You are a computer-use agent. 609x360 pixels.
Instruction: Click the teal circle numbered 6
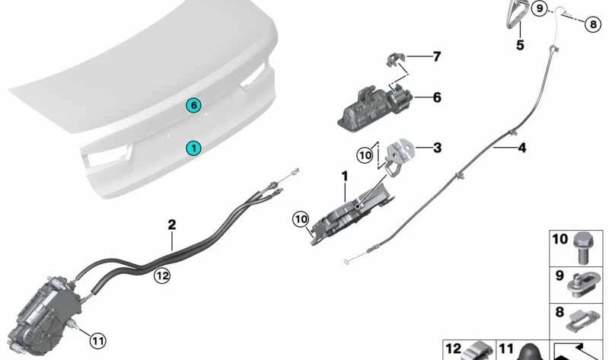point(195,105)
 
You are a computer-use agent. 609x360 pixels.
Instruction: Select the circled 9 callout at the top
point(540,9)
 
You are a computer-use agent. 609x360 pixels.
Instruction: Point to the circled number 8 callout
point(593,24)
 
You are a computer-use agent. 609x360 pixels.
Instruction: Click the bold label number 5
point(520,45)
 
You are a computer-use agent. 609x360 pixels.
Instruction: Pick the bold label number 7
point(436,57)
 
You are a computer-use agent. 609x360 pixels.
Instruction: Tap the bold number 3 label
point(438,148)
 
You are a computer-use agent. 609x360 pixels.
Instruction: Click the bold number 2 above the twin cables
point(172,225)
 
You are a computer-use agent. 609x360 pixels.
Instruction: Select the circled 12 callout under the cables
point(161,276)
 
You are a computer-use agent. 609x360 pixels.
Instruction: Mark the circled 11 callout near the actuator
point(97,340)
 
